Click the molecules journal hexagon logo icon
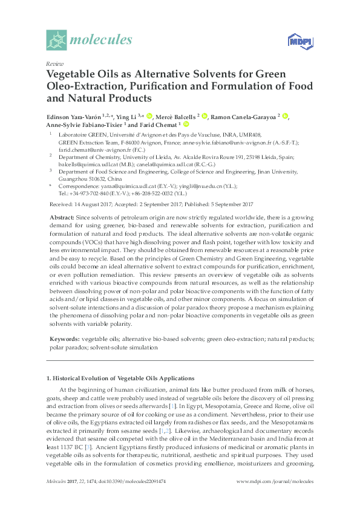pyautogui.click(x=57, y=40)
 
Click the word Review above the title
pyautogui.click(x=53, y=63)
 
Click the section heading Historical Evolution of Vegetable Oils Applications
pyautogui.click(x=121, y=378)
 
